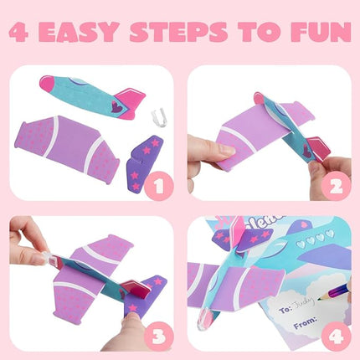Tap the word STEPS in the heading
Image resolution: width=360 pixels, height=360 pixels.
(x=200, y=33)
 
